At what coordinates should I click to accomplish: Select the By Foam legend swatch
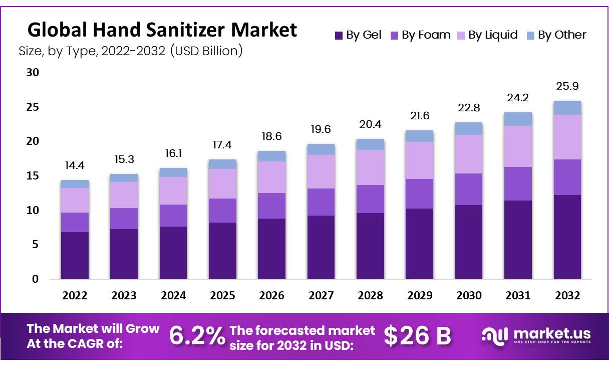394,35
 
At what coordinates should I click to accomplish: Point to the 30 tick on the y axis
33,73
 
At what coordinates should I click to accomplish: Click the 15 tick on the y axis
33,176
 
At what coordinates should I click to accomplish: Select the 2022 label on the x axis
75,296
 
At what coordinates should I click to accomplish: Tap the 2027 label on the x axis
321,296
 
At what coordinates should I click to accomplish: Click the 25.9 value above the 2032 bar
567,87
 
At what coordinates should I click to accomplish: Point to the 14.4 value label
75,165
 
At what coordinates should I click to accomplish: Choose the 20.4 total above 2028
370,124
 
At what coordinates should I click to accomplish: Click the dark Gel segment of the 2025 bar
222,250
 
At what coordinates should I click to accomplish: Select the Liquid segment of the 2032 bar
567,137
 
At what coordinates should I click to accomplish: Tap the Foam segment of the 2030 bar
469,189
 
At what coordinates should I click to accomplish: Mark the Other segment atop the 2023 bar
124,177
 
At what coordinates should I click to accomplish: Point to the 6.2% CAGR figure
197,336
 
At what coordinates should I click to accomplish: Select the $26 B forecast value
417,336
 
